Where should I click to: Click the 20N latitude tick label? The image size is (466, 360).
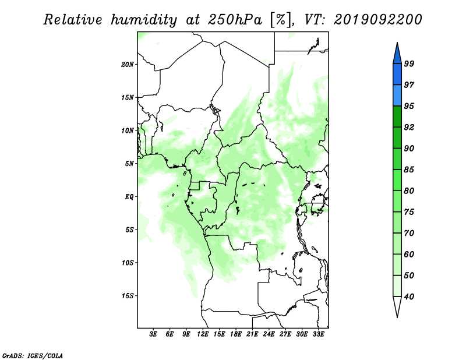[128, 65]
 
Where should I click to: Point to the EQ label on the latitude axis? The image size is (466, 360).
[129, 197]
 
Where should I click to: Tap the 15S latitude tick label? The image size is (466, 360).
[128, 296]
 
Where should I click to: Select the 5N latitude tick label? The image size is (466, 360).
[129, 164]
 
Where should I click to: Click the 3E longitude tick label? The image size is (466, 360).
[153, 334]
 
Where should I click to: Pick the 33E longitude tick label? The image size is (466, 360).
[318, 334]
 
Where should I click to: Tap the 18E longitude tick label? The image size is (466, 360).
[236, 334]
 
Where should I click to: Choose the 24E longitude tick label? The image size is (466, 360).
[269, 334]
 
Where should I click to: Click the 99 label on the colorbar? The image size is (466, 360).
[409, 63]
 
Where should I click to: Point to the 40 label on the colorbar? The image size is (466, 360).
[409, 297]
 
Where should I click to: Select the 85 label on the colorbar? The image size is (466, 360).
[409, 170]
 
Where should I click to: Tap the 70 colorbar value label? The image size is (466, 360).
[409, 233]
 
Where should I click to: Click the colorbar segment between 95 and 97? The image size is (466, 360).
[397, 96]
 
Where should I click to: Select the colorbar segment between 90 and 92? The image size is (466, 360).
[397, 137]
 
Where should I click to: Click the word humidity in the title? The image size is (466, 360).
[144, 20]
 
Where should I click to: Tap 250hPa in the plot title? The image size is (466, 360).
[235, 20]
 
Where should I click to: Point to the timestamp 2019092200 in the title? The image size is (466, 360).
[377, 20]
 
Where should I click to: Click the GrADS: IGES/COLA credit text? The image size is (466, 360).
[33, 355]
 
